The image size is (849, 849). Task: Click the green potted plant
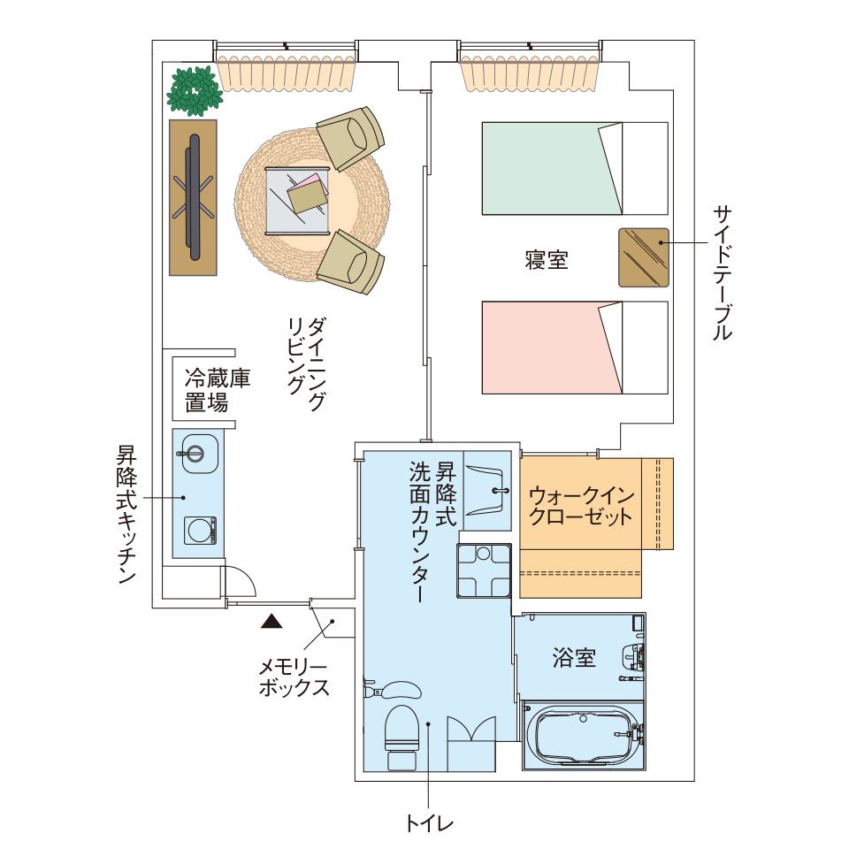tap(194, 90)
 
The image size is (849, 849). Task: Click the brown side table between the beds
tap(643, 256)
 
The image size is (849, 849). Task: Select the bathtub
tap(580, 738)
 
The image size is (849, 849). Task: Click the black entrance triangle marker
tap(272, 622)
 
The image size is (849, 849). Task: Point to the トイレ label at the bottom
tap(428, 824)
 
